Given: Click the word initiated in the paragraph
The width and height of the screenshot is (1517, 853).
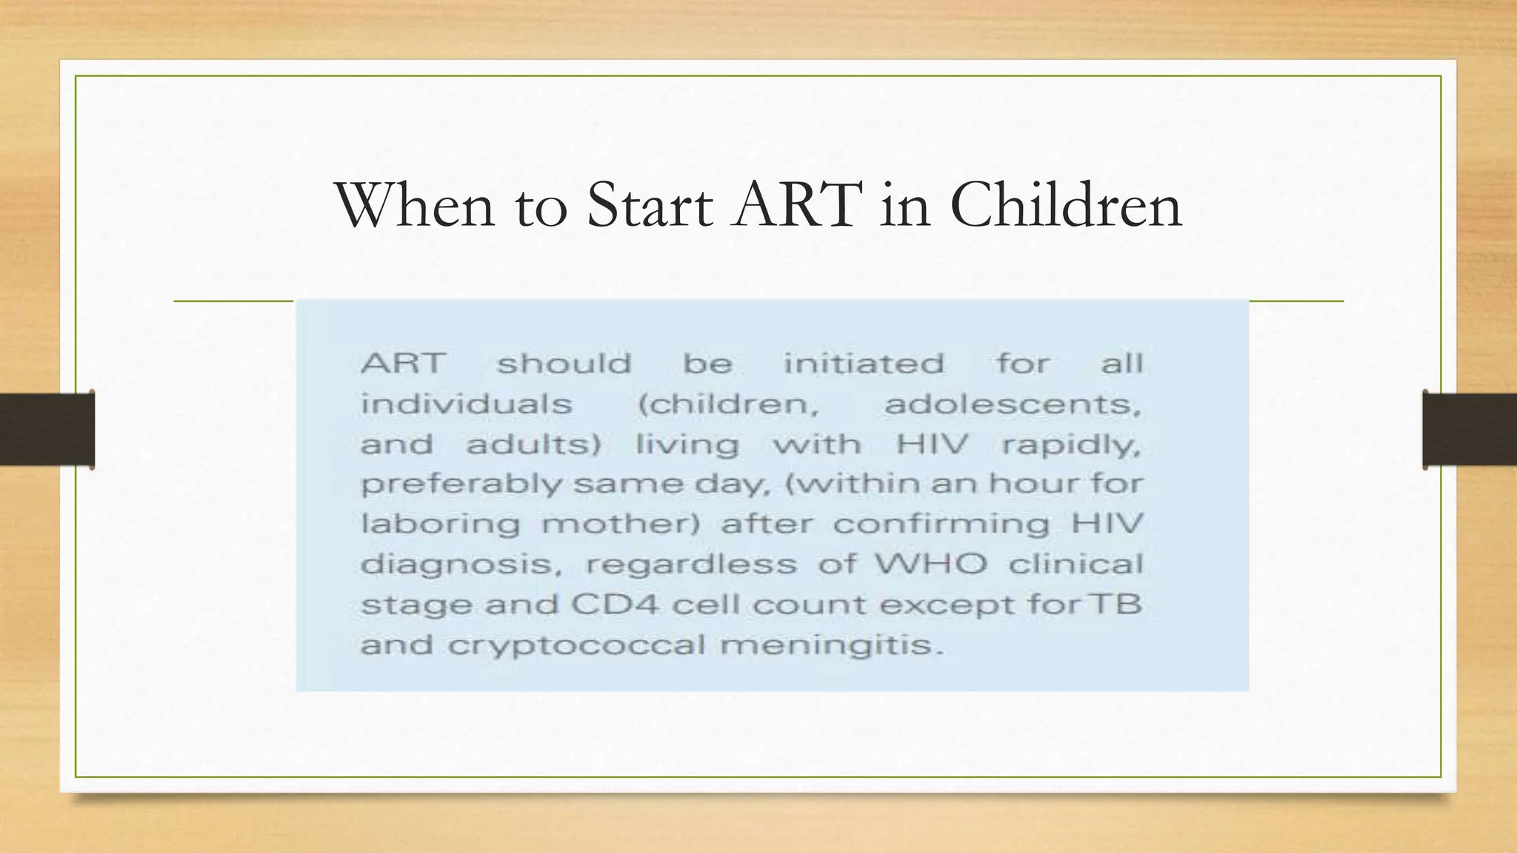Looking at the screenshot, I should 864,364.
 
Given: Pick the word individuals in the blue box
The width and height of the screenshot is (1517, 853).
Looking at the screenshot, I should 466,404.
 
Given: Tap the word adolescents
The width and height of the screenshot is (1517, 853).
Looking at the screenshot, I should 1012,404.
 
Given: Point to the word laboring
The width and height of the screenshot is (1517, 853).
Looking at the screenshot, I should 440,524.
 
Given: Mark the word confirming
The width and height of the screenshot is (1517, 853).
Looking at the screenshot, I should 941,524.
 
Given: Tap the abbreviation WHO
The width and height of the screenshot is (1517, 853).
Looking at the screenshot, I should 931,564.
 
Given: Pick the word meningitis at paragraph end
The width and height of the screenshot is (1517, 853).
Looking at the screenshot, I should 832,645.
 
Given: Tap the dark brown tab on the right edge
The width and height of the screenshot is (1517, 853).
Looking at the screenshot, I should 1470,429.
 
